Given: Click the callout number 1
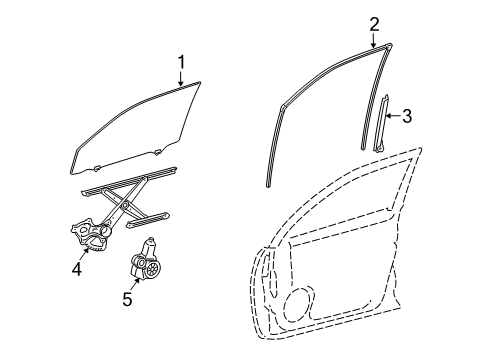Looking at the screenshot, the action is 182,63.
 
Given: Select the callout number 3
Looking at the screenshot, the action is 408,116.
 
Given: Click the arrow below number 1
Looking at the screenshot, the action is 182,80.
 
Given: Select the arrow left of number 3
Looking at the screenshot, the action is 394,116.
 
